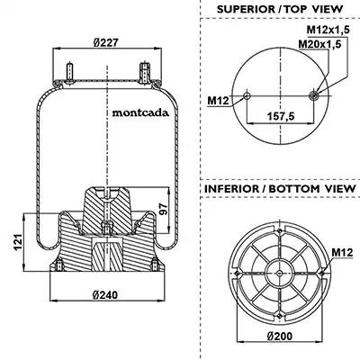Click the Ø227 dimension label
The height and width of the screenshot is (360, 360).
[105, 42]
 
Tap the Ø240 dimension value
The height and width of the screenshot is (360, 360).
[105, 295]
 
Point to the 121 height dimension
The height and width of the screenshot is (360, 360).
[18, 242]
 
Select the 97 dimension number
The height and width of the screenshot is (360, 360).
[163, 209]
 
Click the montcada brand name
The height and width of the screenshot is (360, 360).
[140, 112]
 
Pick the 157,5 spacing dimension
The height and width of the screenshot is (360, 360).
[281, 116]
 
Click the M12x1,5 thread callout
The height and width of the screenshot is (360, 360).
[328, 30]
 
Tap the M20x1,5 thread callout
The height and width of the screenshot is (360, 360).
[319, 44]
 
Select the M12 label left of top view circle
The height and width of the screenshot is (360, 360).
[218, 101]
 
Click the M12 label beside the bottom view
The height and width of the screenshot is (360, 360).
[342, 253]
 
